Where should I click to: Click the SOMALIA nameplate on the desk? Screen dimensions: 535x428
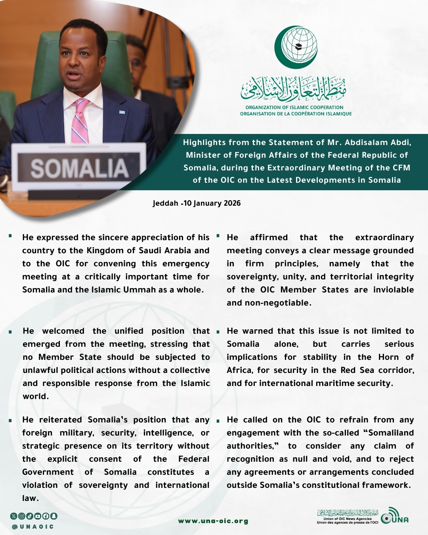coord(79,168)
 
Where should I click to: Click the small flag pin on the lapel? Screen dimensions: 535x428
coord(122,113)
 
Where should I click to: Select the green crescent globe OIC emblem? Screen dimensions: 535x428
coord(296,47)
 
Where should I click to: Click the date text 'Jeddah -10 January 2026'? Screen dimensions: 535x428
coord(197,203)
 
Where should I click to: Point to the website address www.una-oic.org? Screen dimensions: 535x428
coord(213,521)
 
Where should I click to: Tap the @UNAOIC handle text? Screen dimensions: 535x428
coord(33,527)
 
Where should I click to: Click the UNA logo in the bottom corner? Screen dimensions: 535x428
coord(394,516)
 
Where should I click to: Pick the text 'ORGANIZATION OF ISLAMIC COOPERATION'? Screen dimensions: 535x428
coord(294,107)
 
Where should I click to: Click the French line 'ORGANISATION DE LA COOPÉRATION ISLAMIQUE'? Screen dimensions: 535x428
coord(296,114)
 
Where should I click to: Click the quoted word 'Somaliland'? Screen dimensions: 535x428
coord(391,433)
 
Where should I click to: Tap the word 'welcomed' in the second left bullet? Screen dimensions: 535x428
coord(63,331)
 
